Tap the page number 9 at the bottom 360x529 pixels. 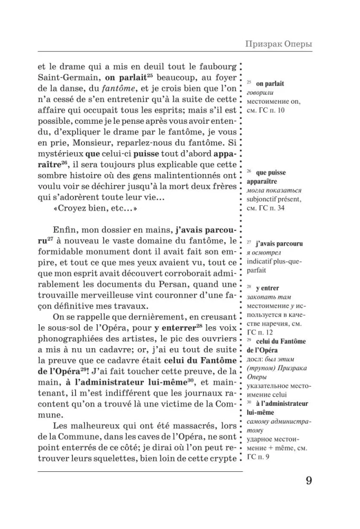[309, 481]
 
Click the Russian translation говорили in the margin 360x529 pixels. [260, 93]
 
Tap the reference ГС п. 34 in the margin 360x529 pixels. [270, 208]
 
